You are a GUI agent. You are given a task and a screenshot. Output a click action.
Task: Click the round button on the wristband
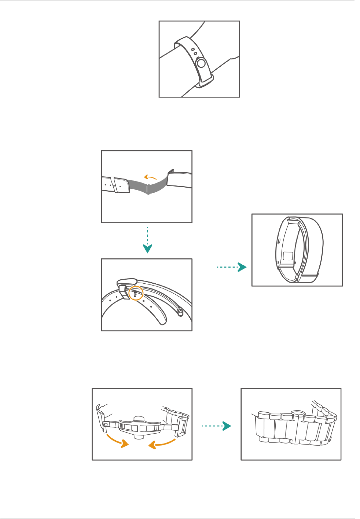201,64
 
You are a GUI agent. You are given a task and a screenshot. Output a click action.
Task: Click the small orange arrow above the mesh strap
150,177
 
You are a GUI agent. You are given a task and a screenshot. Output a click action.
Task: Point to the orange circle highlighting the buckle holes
136,293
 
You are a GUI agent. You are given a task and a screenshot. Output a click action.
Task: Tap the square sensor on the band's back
288,256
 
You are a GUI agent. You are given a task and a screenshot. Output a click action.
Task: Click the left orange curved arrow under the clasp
117,440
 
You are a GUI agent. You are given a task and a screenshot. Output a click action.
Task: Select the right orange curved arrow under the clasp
162,443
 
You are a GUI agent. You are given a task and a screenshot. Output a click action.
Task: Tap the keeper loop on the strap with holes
114,184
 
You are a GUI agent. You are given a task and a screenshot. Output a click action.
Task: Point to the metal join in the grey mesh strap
147,189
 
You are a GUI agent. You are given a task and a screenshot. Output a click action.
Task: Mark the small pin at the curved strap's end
180,312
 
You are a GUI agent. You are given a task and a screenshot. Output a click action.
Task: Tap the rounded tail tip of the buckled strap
162,321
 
